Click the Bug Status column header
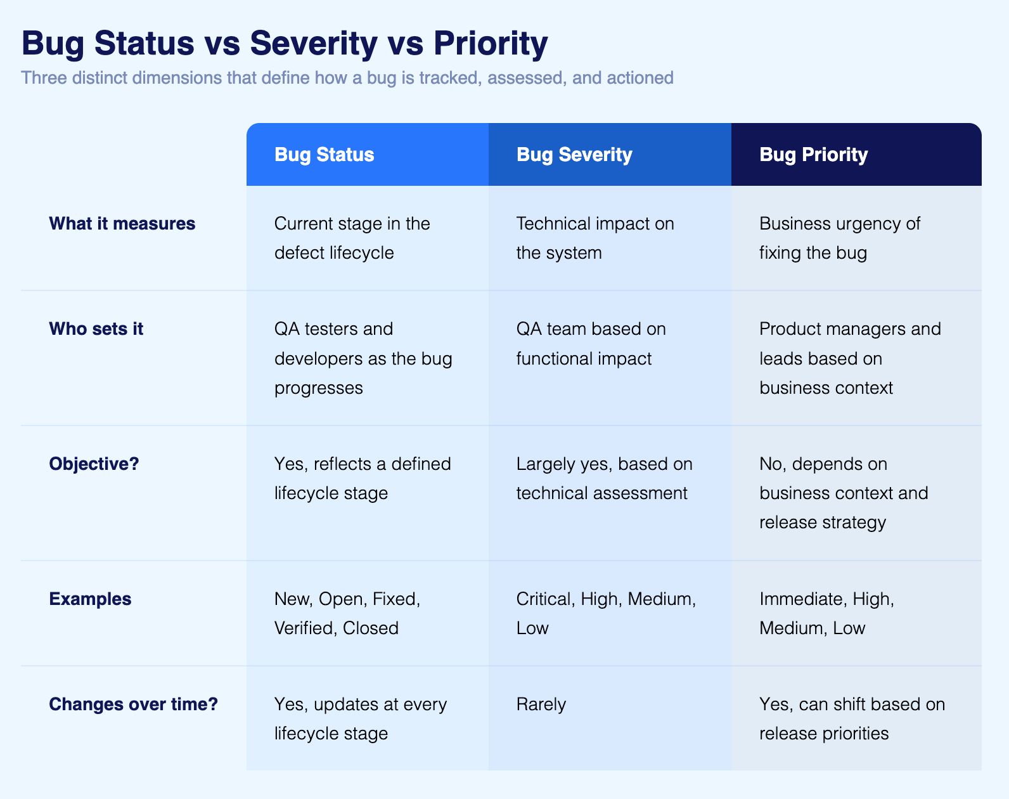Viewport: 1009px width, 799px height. click(x=324, y=155)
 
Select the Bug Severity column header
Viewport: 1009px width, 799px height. click(x=574, y=155)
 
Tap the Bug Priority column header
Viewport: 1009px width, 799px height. click(x=813, y=155)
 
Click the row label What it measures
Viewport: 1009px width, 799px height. click(x=122, y=224)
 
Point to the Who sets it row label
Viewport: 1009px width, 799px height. click(x=96, y=329)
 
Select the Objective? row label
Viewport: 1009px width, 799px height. click(x=94, y=464)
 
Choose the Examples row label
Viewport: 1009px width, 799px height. click(x=90, y=599)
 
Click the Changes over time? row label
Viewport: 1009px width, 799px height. click(x=133, y=705)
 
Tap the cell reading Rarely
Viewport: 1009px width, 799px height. click(x=541, y=705)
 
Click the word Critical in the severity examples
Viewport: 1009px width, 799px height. click(x=544, y=599)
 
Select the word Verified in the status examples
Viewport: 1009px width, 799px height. click(x=304, y=628)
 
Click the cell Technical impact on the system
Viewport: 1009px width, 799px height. click(x=594, y=238)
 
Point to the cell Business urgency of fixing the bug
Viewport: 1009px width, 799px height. click(x=839, y=238)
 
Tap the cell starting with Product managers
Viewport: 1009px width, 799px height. click(x=849, y=358)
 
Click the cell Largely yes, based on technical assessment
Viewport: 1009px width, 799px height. click(x=603, y=479)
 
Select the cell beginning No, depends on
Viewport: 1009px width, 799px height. click(x=843, y=493)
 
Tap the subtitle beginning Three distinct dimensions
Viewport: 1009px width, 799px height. click(x=347, y=78)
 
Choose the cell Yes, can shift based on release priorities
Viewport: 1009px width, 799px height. click(x=851, y=719)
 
